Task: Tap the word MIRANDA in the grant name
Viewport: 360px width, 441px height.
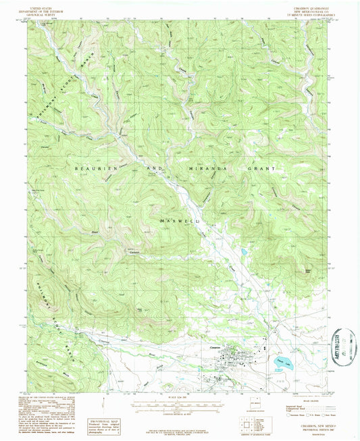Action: (x=209, y=167)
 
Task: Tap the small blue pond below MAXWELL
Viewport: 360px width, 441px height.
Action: (x=241, y=252)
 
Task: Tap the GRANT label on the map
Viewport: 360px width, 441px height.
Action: (x=265, y=167)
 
